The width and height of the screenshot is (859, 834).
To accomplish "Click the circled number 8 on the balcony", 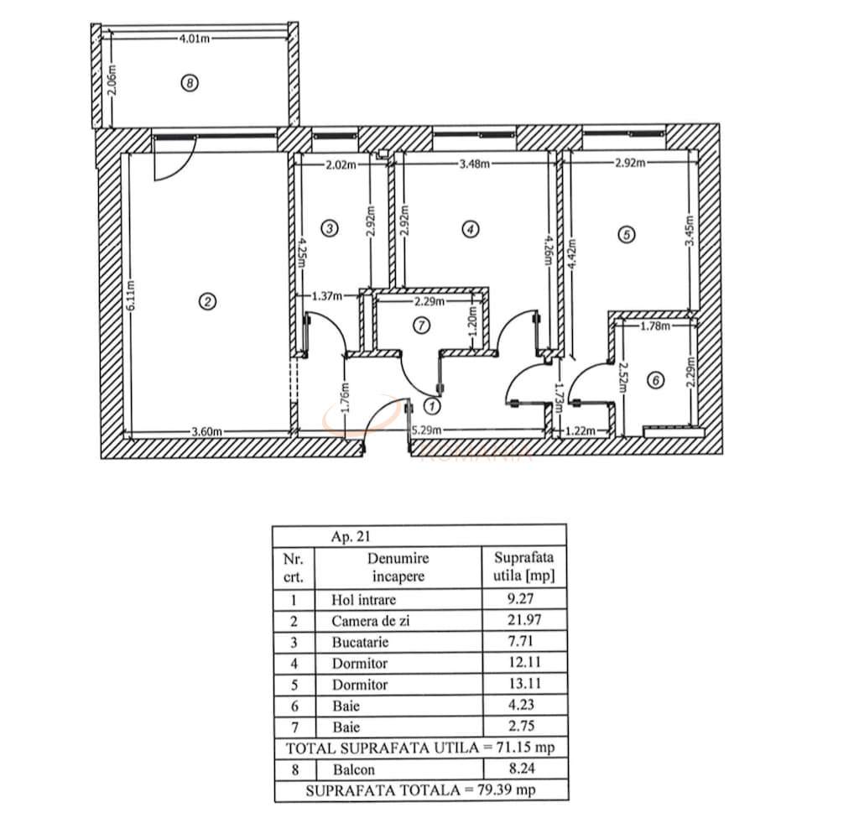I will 190,83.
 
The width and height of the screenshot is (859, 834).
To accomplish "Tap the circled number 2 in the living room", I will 206,302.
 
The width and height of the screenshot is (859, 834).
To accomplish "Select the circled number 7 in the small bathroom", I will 422,323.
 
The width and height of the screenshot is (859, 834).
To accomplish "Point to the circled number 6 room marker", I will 657,380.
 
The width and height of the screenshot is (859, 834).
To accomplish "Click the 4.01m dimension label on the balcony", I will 194,37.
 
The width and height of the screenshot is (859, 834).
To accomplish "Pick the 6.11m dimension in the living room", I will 130,293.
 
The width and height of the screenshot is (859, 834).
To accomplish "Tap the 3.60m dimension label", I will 206,431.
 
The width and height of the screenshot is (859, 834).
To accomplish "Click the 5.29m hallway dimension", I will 426,431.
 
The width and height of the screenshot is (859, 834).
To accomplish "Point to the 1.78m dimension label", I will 655,326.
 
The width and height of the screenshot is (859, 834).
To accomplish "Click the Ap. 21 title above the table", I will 351,538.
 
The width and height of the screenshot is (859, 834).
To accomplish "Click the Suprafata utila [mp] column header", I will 524,566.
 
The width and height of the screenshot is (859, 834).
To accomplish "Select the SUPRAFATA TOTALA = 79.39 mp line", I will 420,790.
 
